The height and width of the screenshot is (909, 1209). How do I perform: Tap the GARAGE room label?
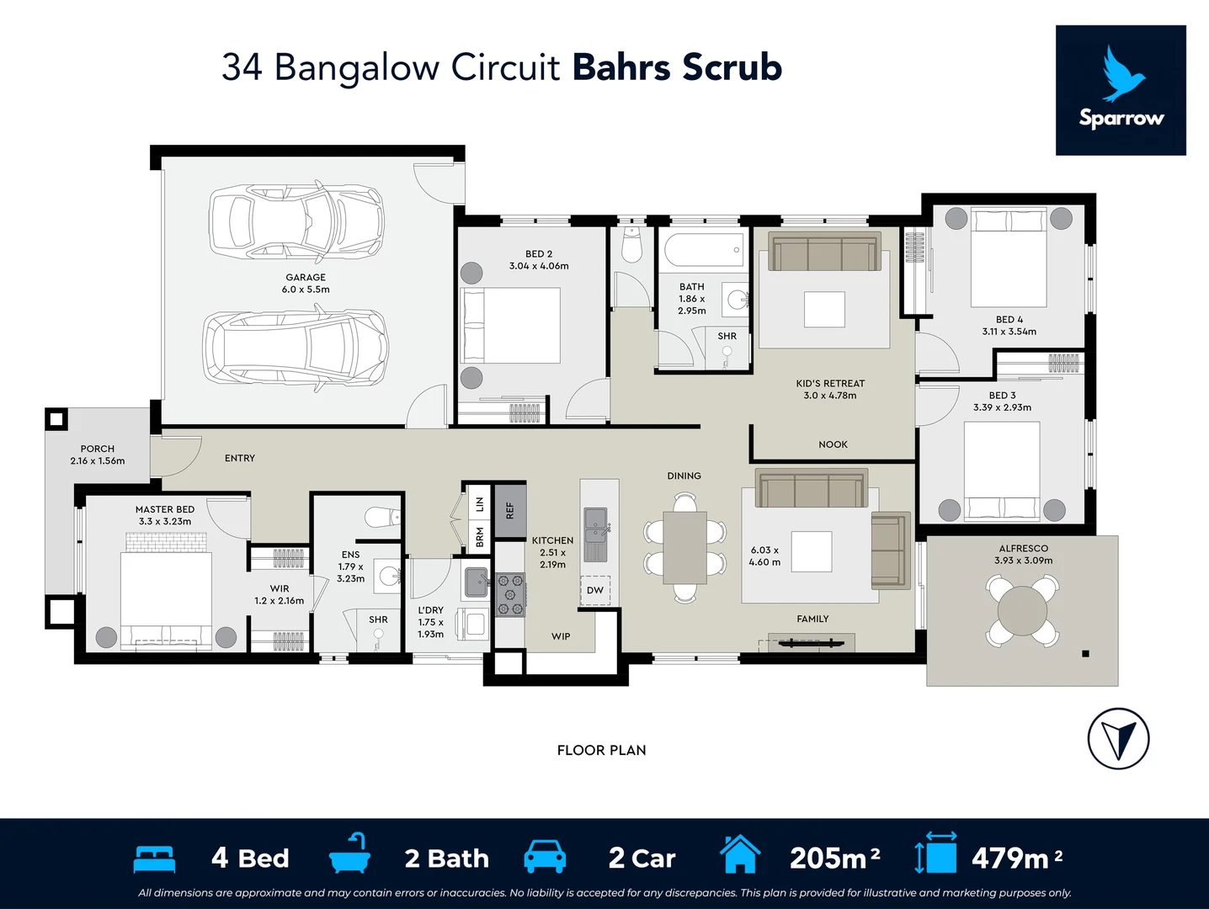[306, 277]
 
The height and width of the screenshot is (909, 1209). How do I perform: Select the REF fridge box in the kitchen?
[509, 511]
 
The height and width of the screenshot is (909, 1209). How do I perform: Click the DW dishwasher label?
[595, 590]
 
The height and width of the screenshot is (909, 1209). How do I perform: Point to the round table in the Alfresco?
[1022, 609]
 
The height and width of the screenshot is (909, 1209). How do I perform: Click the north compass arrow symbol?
[1118, 738]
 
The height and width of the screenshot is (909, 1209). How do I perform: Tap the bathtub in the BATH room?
[704, 250]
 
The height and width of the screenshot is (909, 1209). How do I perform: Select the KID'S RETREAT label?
[830, 383]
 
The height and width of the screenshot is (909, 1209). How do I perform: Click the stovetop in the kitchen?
[510, 594]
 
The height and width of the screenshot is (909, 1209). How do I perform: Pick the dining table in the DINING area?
[684, 548]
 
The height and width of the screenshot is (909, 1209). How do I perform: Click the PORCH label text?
[98, 449]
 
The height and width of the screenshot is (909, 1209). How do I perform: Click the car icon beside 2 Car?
[545, 856]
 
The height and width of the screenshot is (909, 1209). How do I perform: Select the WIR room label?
[280, 588]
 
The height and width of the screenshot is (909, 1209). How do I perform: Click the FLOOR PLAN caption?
[601, 750]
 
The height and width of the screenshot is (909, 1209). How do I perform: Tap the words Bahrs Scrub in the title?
[677, 67]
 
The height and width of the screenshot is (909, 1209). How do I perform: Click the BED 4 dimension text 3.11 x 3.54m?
[1009, 332]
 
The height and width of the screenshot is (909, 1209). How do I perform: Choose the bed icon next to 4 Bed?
[155, 858]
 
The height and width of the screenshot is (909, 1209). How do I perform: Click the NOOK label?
[833, 444]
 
